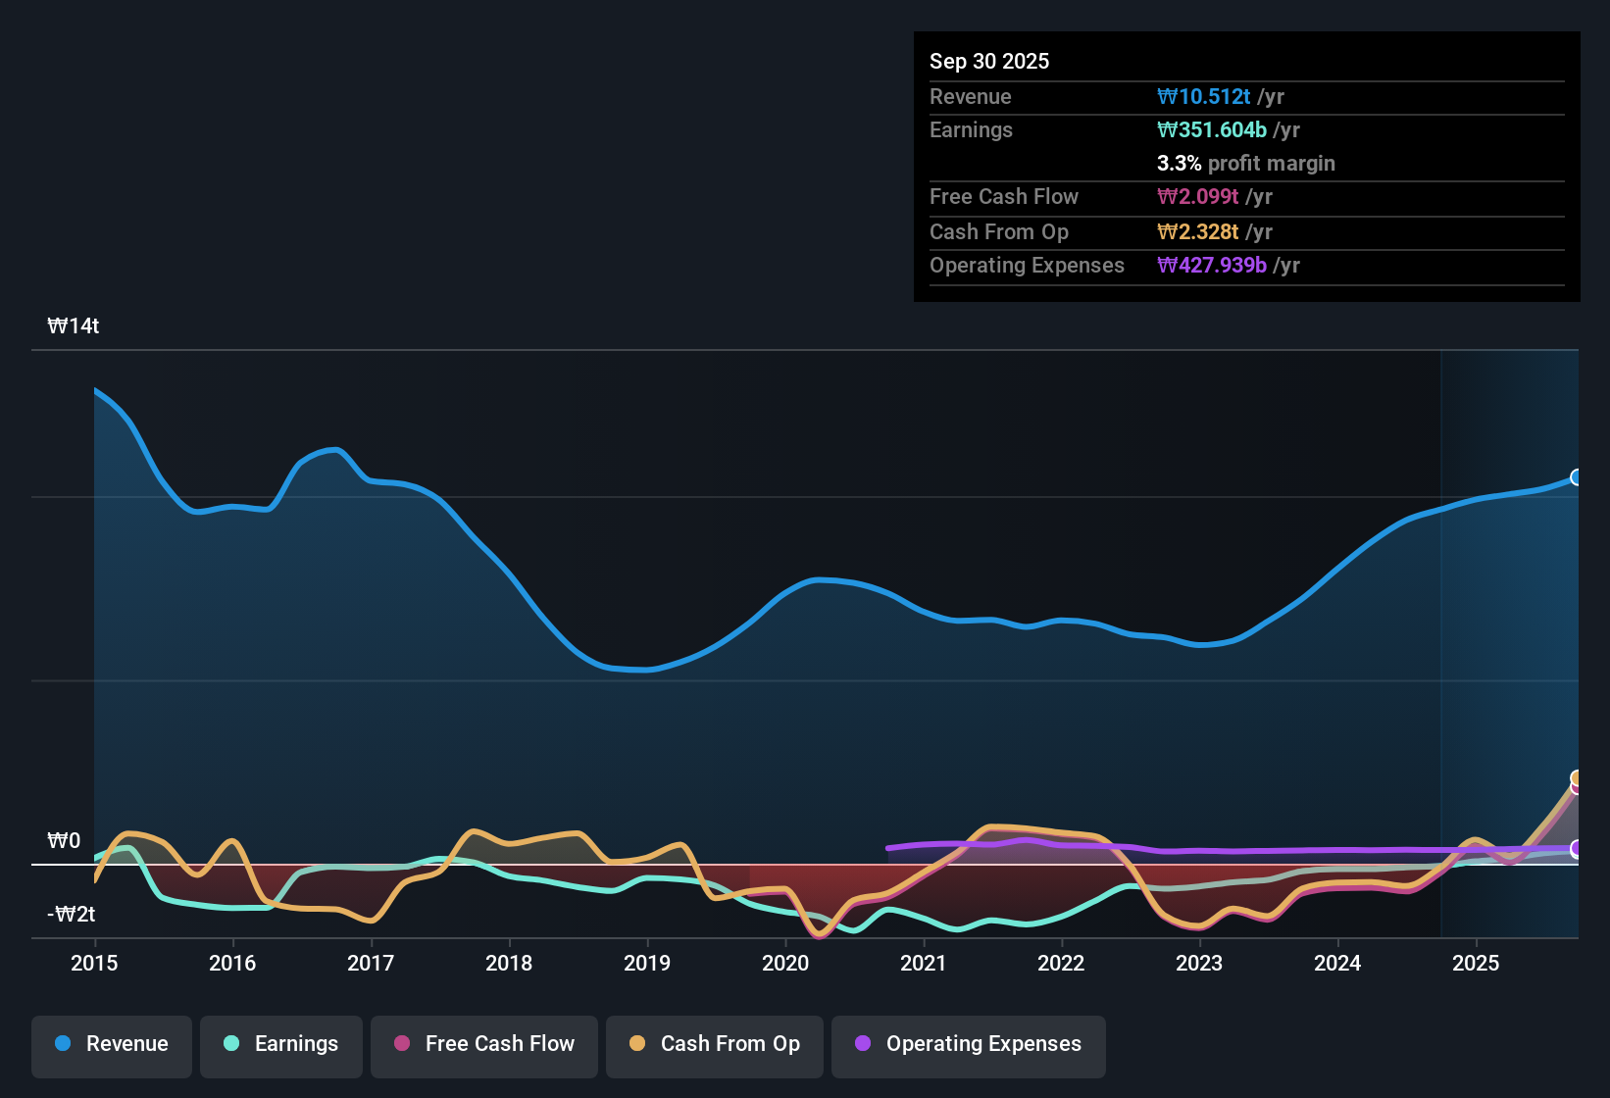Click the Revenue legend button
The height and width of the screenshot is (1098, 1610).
click(x=112, y=1044)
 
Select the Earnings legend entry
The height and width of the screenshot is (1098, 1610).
click(x=281, y=1044)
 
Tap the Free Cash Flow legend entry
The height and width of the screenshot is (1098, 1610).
click(x=484, y=1044)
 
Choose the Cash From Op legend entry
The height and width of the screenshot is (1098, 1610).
click(x=715, y=1044)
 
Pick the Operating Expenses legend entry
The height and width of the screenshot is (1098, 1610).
click(x=969, y=1044)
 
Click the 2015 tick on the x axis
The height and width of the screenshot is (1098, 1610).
click(x=94, y=963)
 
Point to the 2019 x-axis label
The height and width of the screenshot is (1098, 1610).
click(x=647, y=963)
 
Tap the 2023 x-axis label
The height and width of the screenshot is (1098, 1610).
click(x=1199, y=963)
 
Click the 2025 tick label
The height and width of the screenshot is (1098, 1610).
click(x=1476, y=963)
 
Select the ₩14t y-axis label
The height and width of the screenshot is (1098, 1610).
click(x=74, y=326)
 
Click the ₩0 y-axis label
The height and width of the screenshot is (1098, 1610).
click(x=64, y=841)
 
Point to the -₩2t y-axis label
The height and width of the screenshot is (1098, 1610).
click(x=72, y=915)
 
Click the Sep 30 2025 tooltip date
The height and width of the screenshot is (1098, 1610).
click(x=989, y=61)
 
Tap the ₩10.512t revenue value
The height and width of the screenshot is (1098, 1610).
click(x=1204, y=96)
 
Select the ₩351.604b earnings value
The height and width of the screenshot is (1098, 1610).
click(x=1212, y=129)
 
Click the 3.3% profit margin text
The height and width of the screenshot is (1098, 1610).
click(x=1245, y=163)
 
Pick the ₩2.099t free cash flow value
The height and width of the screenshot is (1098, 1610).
click(x=1198, y=196)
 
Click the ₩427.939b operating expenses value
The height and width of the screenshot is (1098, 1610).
click(x=1212, y=265)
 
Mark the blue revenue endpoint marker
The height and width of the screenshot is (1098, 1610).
click(x=1576, y=477)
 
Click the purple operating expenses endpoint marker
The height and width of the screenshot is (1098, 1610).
click(x=1576, y=849)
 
